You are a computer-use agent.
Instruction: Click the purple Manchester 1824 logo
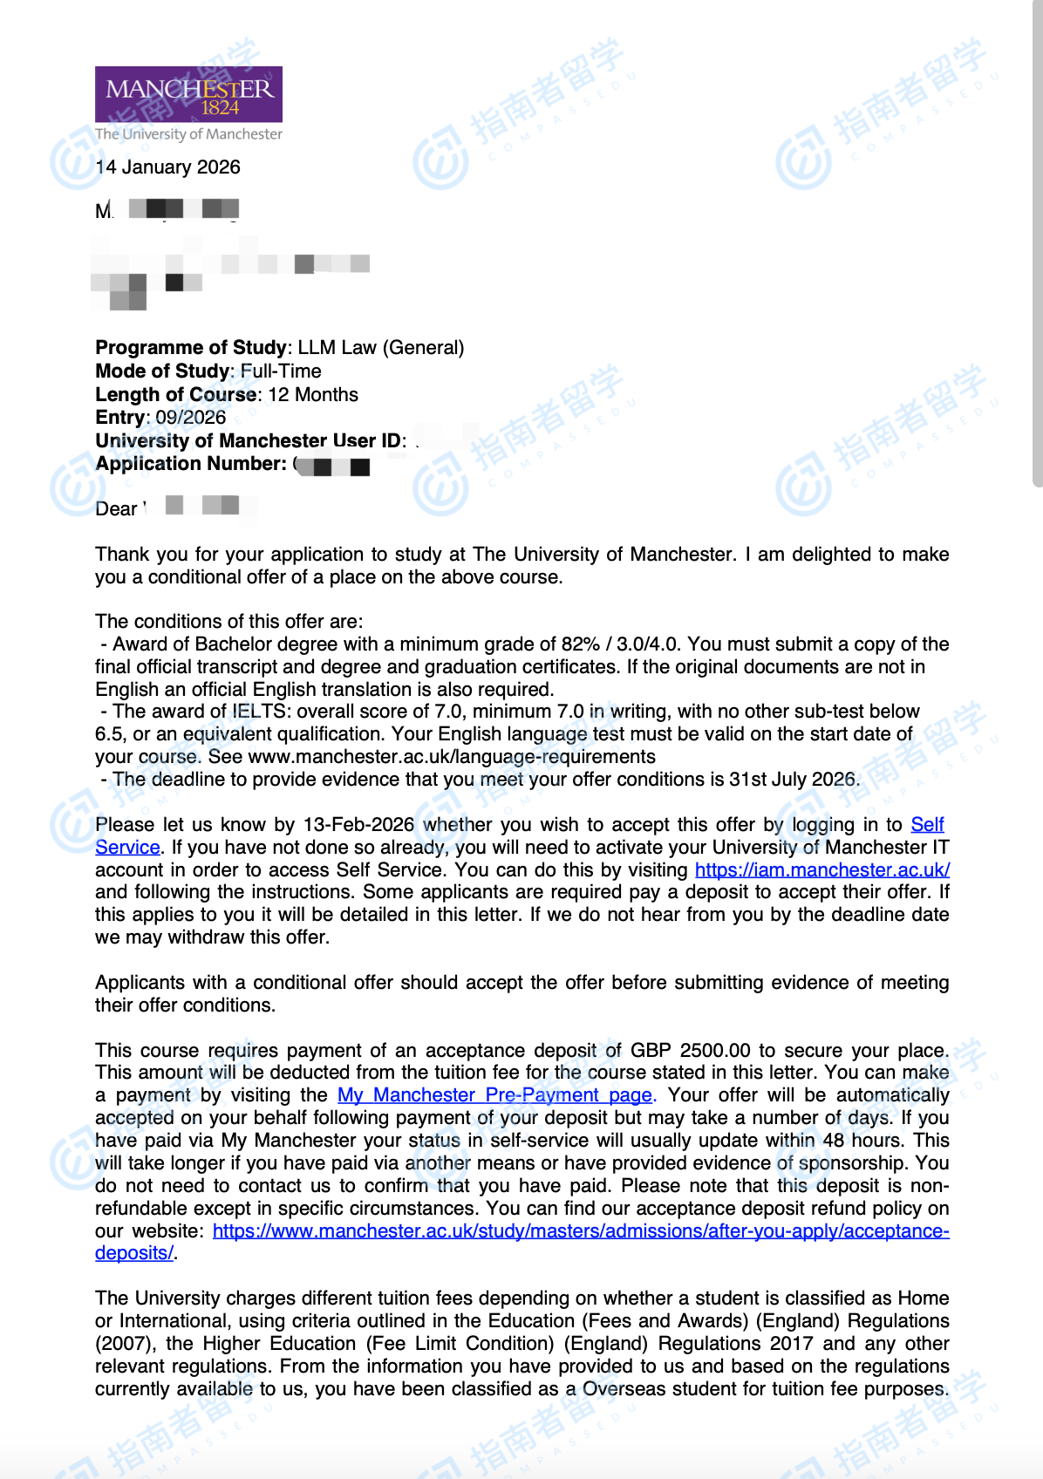[188, 94]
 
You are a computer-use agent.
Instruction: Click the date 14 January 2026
[168, 167]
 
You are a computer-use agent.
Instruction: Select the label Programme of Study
[191, 348]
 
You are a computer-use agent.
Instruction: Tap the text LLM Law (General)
[381, 348]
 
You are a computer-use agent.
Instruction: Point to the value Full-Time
[281, 371]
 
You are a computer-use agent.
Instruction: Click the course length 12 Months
[313, 395]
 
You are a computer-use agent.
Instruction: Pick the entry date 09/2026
[191, 418]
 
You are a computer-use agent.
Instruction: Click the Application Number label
[191, 464]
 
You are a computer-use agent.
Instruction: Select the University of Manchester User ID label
[249, 441]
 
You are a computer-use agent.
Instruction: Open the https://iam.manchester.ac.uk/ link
[821, 870]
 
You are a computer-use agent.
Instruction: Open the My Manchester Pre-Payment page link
[494, 1095]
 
